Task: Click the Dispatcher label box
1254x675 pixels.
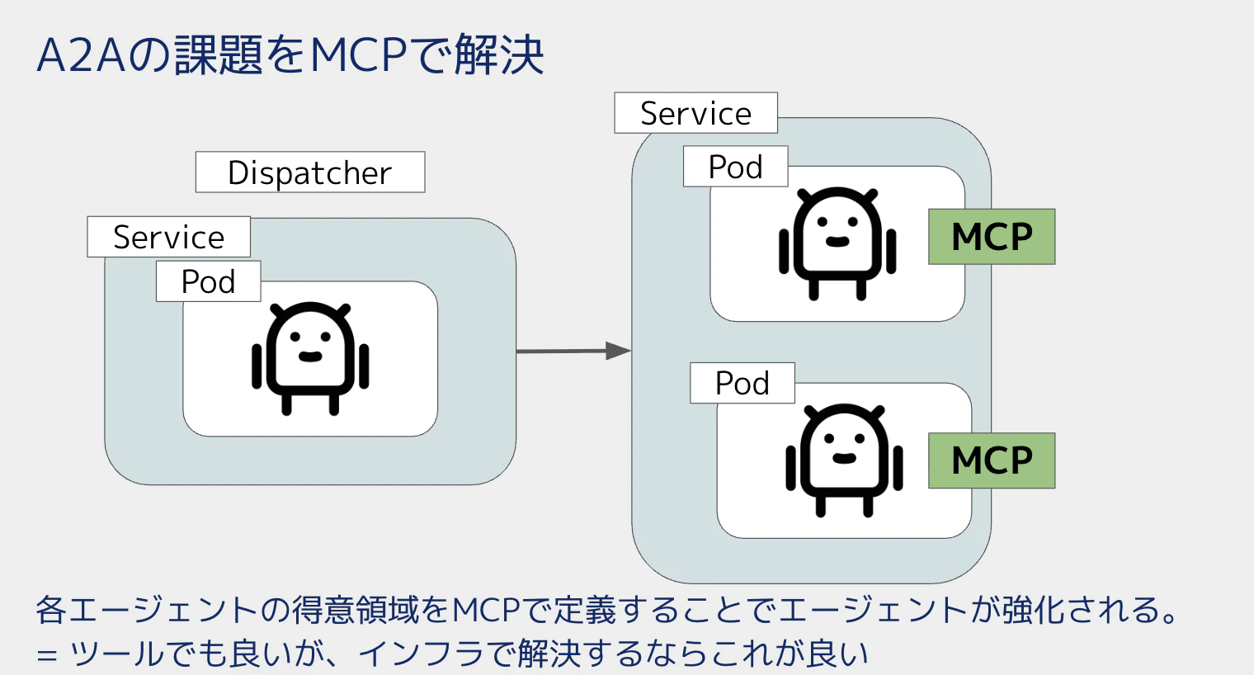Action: pos(310,172)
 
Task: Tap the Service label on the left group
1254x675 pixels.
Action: pos(168,236)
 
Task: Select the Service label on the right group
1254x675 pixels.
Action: pos(695,112)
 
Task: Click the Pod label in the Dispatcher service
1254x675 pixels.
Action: pos(208,281)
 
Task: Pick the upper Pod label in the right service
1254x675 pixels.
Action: pos(736,167)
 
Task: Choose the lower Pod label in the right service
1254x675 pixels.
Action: pos(742,383)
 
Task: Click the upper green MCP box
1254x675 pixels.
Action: pos(992,236)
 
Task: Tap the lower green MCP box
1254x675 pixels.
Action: pos(992,460)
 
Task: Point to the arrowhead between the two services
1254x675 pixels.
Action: pos(619,351)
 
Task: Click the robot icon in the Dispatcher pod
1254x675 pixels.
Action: pos(310,358)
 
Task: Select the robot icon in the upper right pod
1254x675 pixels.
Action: pos(837,243)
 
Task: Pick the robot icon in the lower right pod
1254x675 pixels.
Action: pos(844,460)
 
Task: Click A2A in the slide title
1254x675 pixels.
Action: pos(81,55)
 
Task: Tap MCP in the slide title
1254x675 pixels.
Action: pos(358,55)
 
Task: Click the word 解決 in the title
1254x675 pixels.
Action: pos(499,54)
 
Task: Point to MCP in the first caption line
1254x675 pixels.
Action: pos(486,610)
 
